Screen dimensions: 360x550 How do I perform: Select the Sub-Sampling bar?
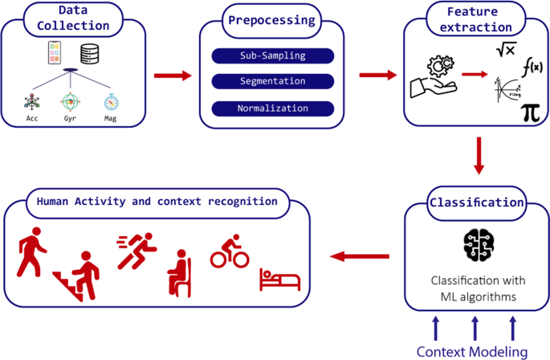pyautogui.click(x=271, y=56)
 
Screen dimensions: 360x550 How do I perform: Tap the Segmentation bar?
pyautogui.click(x=271, y=82)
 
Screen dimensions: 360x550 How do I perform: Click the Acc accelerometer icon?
pyautogui.click(x=33, y=103)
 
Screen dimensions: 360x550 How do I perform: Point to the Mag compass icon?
pyautogui.click(x=111, y=103)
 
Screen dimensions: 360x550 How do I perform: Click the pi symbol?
pyautogui.click(x=530, y=111)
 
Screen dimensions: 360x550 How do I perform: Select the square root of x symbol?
pyautogui.click(x=505, y=50)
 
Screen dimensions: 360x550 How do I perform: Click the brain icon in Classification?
pyautogui.click(x=479, y=245)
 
